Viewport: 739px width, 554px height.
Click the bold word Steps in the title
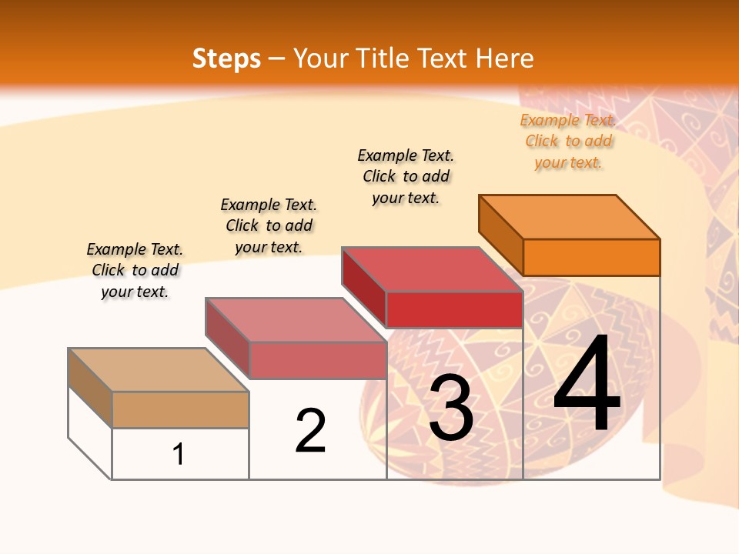[x=226, y=58]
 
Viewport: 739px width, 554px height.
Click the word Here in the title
[x=504, y=58]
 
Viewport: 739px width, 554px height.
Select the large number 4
[x=587, y=385]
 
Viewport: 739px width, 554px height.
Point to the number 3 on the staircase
[x=451, y=408]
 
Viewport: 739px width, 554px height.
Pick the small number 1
[x=179, y=455]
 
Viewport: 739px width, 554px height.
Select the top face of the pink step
[x=296, y=320]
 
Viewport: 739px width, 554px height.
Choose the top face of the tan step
[x=159, y=370]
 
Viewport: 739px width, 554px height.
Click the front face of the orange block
[x=591, y=257]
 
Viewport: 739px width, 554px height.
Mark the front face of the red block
[x=454, y=309]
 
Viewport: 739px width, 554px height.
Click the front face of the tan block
[x=180, y=409]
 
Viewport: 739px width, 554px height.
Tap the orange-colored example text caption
[x=568, y=142]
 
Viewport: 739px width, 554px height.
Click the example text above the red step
[x=406, y=176]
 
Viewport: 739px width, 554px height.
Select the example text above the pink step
[x=269, y=225]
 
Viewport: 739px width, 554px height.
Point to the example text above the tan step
[x=135, y=270]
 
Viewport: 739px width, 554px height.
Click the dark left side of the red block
[x=364, y=286]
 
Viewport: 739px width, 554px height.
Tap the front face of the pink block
[x=317, y=360]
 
